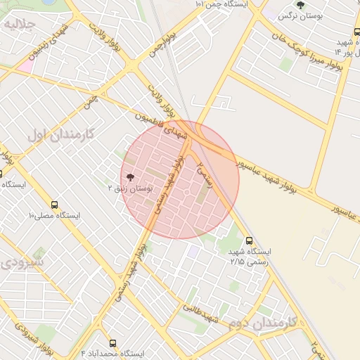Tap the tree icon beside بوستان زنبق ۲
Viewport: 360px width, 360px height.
tap(129, 178)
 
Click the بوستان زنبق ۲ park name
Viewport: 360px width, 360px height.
tap(129, 188)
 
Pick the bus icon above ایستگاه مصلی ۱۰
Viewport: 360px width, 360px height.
tap(55, 205)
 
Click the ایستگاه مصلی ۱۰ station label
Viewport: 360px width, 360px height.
tap(55, 215)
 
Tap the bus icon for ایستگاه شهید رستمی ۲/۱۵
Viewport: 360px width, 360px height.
tap(249, 240)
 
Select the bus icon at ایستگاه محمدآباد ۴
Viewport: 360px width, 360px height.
tap(112, 343)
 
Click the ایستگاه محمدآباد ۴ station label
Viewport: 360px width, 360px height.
tap(112, 353)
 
